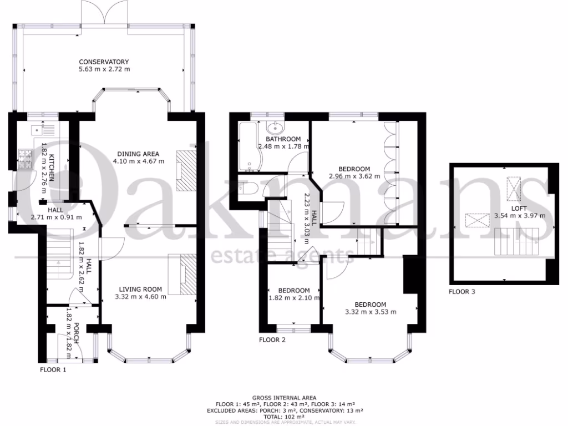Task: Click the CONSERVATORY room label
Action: coord(104,62)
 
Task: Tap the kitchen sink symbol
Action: coord(35,131)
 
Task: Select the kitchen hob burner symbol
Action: coord(26,159)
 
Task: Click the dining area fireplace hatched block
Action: coord(186,171)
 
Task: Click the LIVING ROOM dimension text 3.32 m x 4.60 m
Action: coord(140,297)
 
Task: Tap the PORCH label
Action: coord(77,333)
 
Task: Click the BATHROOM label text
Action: coord(283,139)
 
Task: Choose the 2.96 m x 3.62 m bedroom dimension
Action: coord(354,176)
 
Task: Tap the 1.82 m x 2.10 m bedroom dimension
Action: coord(294,298)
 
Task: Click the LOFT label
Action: coord(520,208)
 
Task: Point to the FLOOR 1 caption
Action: coord(53,369)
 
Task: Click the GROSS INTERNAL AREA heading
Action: coord(284,398)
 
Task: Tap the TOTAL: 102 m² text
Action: coord(284,416)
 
